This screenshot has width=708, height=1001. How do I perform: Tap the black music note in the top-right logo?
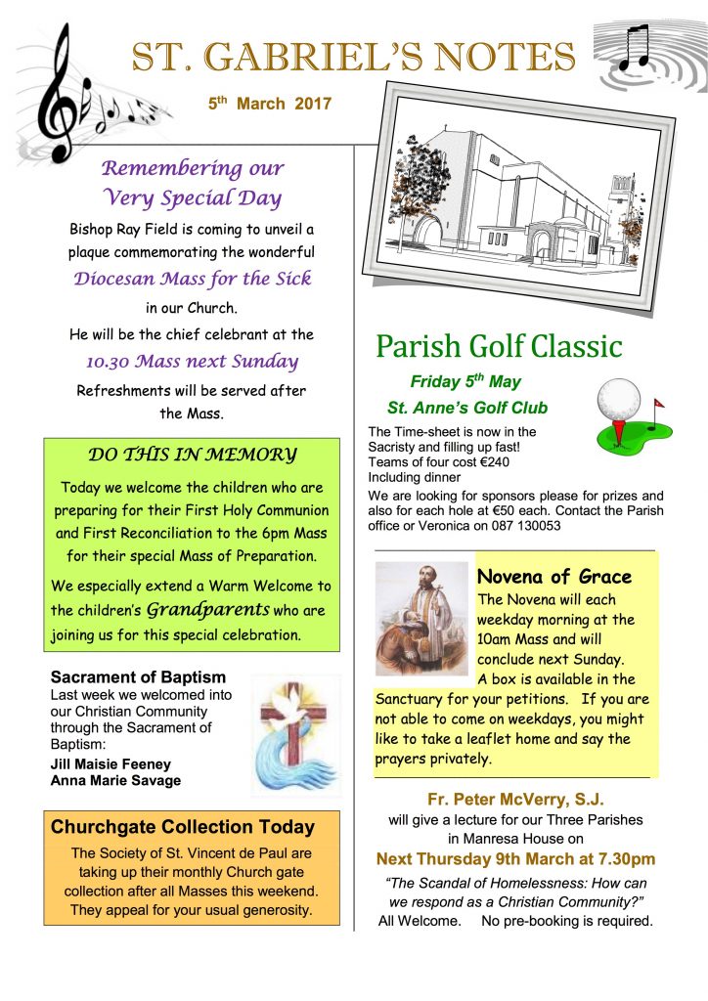(x=635, y=47)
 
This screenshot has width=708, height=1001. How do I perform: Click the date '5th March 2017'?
(x=270, y=103)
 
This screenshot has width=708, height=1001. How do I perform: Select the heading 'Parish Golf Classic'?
(x=499, y=346)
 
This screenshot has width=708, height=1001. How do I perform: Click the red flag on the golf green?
(x=657, y=402)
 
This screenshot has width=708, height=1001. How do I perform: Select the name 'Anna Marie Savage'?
(x=114, y=780)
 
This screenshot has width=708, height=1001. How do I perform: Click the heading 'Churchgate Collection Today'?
(x=183, y=827)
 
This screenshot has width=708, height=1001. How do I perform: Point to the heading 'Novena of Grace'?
(x=553, y=577)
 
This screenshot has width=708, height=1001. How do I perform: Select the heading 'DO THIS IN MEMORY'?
(x=192, y=454)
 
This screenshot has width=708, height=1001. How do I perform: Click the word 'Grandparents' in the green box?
(x=208, y=610)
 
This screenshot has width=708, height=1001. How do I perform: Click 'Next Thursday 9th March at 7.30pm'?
(x=515, y=859)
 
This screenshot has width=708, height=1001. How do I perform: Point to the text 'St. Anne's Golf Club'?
(x=467, y=408)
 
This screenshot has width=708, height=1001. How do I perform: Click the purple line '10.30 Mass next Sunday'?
(x=192, y=361)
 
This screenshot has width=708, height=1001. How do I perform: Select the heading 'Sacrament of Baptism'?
(x=138, y=676)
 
